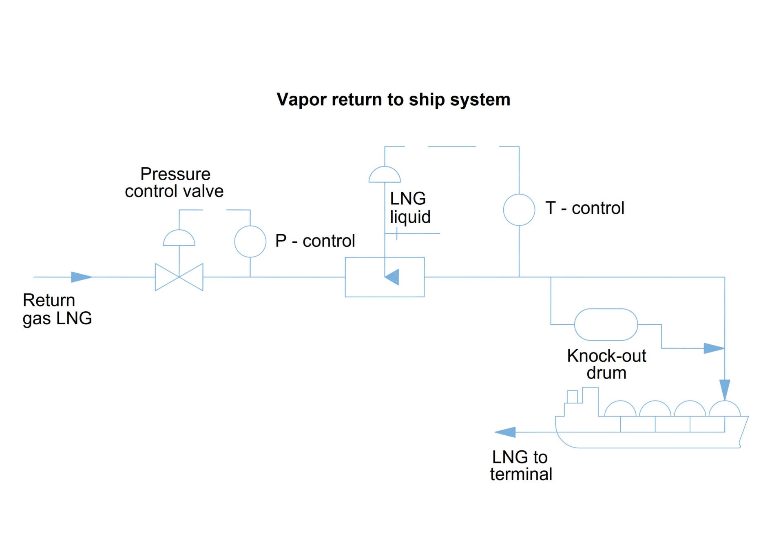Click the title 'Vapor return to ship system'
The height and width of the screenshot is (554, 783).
point(393,100)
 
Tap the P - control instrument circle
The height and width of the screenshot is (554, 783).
point(250,242)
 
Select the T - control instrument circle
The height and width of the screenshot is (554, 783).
point(519,210)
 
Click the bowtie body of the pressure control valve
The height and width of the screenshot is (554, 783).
point(179,277)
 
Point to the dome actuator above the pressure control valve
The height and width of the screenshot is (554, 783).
point(179,239)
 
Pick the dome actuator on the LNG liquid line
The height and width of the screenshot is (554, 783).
point(385,175)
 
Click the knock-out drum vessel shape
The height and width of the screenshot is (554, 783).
point(606,325)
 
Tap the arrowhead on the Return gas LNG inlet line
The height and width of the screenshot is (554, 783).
point(81,277)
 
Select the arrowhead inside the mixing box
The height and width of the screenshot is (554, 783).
point(392,277)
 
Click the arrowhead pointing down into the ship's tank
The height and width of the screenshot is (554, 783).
point(725,389)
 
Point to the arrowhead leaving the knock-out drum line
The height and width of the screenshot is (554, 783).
point(714,348)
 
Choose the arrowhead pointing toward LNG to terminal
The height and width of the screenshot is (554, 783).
point(505,432)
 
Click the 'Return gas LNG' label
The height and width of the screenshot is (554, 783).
point(57,309)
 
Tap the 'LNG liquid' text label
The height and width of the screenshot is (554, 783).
point(409,208)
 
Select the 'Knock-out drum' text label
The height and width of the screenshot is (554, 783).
point(606,364)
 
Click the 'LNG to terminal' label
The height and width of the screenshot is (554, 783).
point(521,465)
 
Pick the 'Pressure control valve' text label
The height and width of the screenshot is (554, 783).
point(175,182)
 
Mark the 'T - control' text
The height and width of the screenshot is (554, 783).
point(584,208)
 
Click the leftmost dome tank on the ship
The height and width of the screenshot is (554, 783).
point(620,409)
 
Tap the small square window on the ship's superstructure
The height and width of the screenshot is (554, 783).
point(572,397)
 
